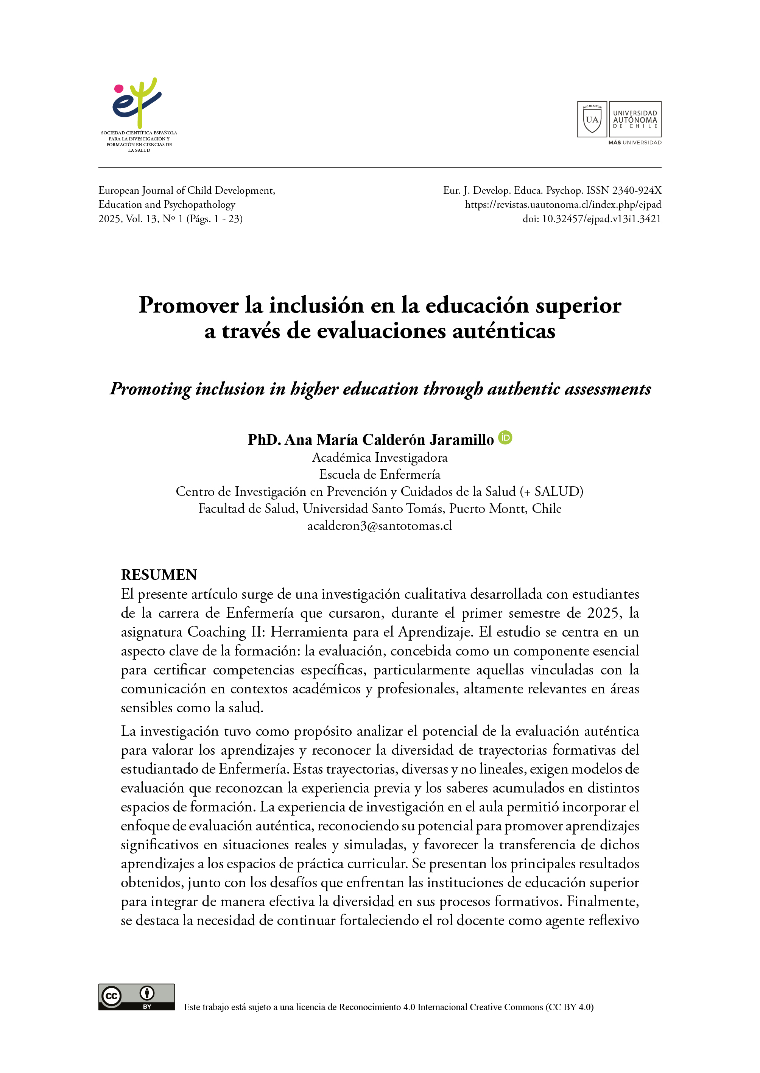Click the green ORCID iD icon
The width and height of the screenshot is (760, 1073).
505,438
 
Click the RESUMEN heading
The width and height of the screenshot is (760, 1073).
159,575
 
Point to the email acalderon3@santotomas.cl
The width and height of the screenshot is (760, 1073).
380,526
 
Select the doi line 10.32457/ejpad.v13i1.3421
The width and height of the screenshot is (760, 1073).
601,219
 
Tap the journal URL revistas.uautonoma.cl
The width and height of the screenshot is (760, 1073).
563,204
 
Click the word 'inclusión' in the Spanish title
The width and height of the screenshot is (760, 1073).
316,305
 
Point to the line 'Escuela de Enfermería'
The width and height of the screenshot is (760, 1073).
380,475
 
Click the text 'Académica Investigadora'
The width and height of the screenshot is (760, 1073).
380,458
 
